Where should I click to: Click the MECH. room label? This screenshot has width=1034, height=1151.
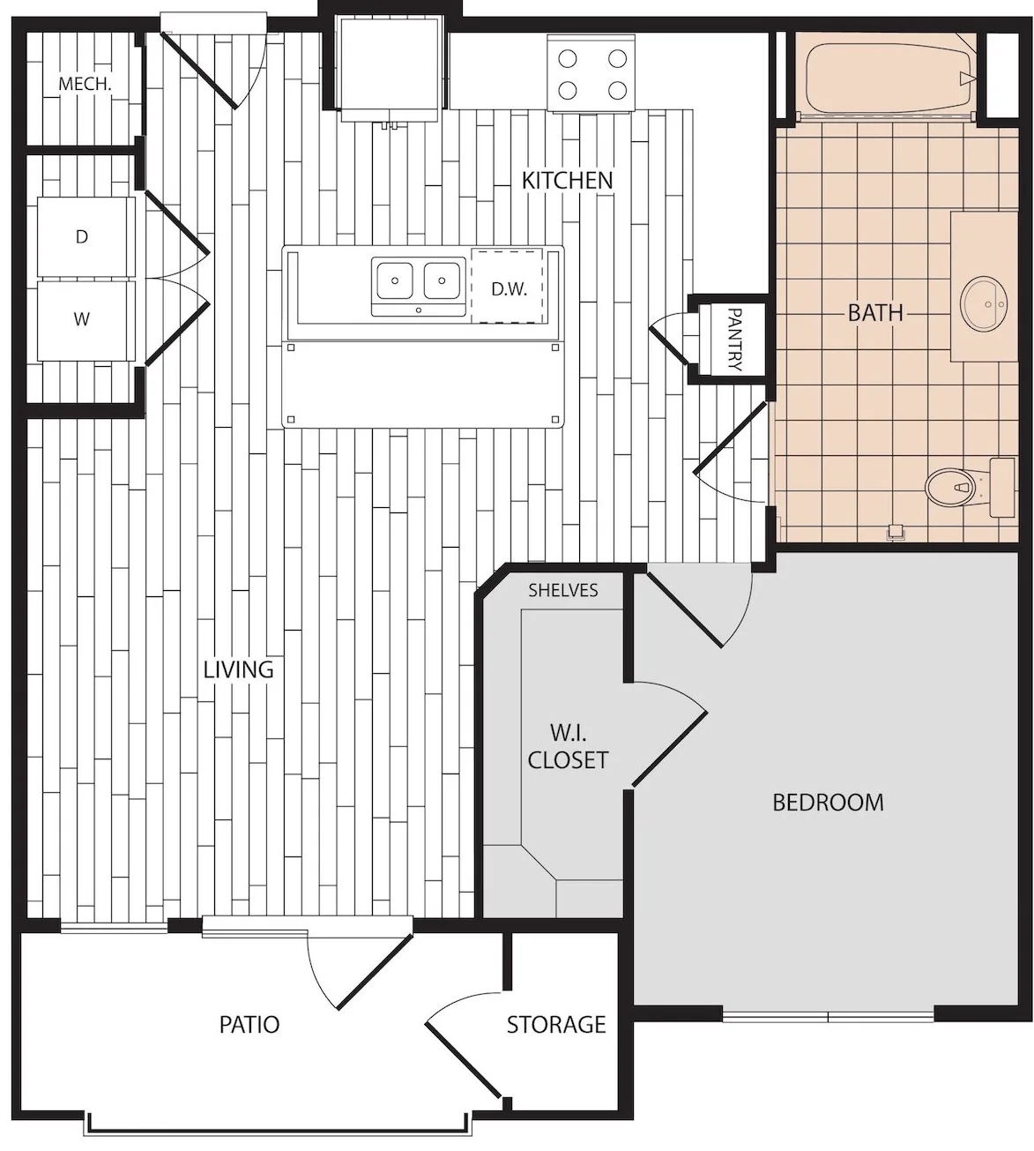pyautogui.click(x=85, y=85)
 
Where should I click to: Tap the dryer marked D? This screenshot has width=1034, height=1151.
pyautogui.click(x=86, y=237)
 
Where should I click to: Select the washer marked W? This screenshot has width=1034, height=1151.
pyautogui.click(x=86, y=320)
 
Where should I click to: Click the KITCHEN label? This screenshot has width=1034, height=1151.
pyautogui.click(x=567, y=181)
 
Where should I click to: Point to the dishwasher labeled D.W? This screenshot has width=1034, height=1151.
pyautogui.click(x=507, y=286)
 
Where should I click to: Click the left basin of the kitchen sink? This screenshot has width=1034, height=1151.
pyautogui.click(x=395, y=280)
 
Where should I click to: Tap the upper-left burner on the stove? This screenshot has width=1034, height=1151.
pyautogui.click(x=567, y=58)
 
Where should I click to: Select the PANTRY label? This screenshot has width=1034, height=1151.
pyautogui.click(x=733, y=339)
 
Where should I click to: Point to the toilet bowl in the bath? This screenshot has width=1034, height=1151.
pyautogui.click(x=949, y=487)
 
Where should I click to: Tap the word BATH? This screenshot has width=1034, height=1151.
pyautogui.click(x=875, y=313)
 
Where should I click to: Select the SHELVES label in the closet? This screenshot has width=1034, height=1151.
pyautogui.click(x=562, y=590)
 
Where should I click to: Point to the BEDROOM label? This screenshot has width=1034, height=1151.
pyautogui.click(x=828, y=803)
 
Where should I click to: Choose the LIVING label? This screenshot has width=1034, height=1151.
pyautogui.click(x=239, y=669)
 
